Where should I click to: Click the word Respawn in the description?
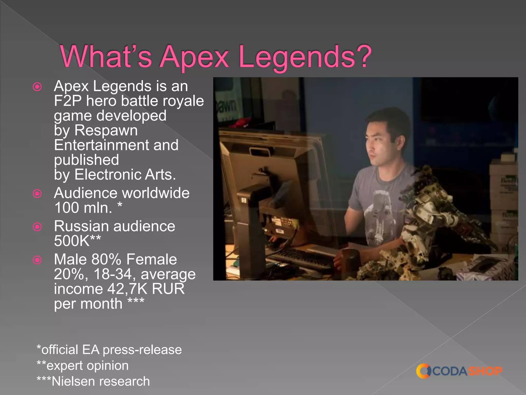[106, 130]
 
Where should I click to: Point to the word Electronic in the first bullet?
[107, 175]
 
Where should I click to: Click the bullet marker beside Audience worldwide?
[37, 193]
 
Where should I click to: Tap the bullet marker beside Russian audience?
[37, 227]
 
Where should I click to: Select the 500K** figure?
[77, 241]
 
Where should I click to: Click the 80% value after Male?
[106, 259]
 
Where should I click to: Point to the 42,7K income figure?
[127, 289]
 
